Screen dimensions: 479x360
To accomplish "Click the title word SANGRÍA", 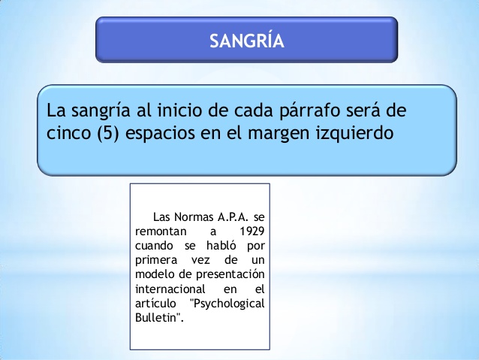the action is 247,40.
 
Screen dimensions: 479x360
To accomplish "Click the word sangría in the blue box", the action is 101,111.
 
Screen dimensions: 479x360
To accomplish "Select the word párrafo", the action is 310,111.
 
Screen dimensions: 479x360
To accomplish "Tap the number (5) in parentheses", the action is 107,133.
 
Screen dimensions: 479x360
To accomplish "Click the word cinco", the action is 69,133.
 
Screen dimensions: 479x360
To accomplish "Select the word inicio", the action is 179,110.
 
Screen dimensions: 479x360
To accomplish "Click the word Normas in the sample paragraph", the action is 194,217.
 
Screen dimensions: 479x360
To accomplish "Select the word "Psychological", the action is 227,304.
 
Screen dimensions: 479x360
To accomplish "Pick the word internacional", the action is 170,289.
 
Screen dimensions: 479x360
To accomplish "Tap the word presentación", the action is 230,274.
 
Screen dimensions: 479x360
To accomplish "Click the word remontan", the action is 161,231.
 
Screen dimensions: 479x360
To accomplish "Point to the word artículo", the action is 155,303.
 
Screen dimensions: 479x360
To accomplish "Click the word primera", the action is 156,261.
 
